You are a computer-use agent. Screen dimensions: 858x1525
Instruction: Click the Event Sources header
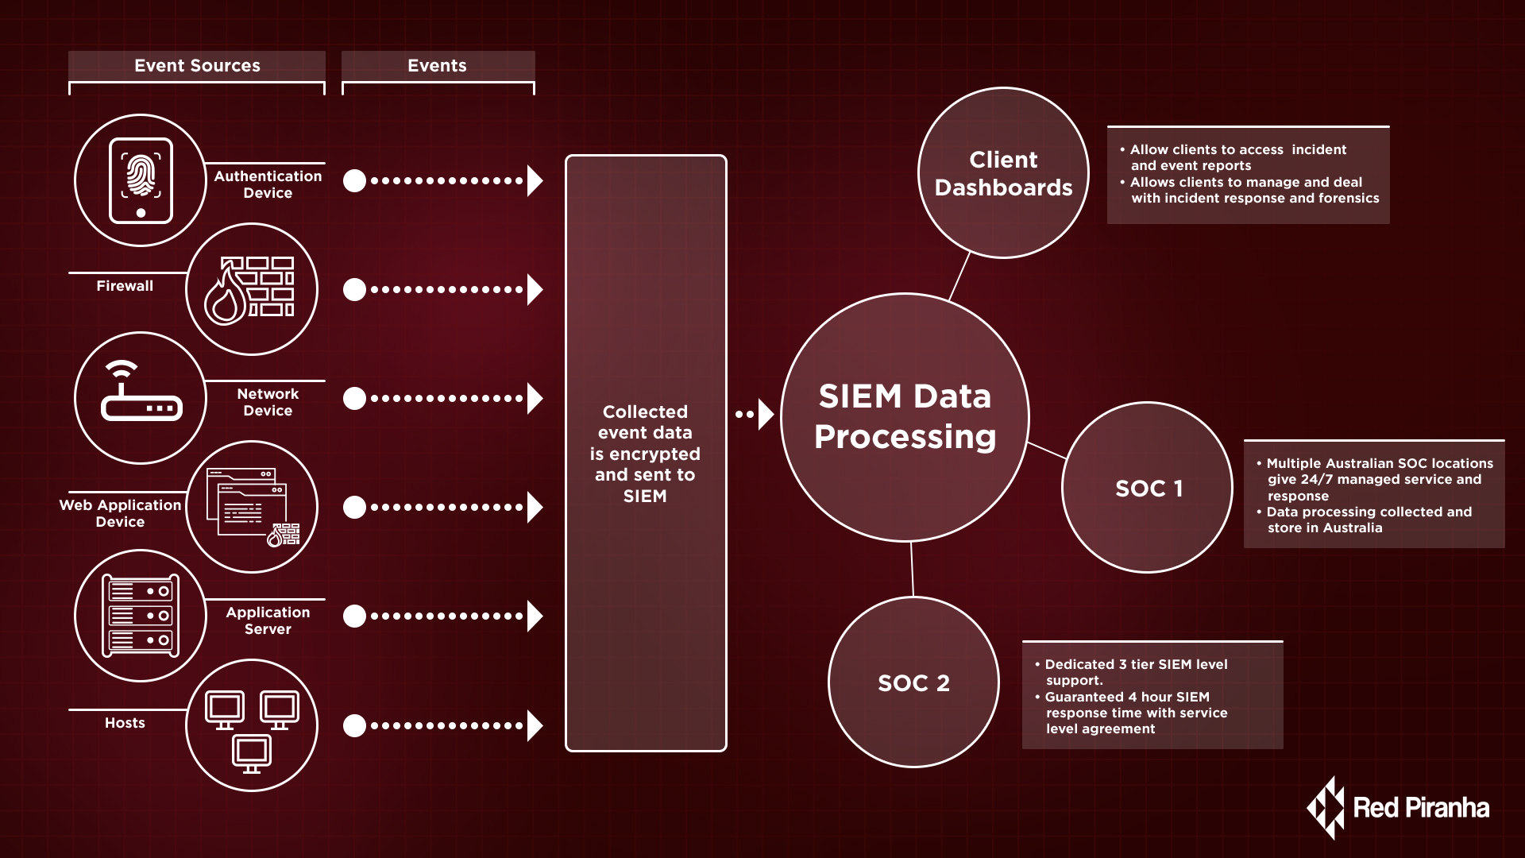[x=197, y=66]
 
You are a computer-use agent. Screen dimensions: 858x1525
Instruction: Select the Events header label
[x=437, y=66]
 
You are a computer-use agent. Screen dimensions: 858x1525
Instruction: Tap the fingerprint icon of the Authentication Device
[x=141, y=176]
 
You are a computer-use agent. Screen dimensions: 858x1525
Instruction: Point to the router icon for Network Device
[x=141, y=395]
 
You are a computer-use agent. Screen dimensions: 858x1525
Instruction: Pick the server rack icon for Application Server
[x=141, y=616]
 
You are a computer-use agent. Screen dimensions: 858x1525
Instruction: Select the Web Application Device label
[x=120, y=513]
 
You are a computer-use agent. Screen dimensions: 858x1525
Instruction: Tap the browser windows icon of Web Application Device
[x=251, y=507]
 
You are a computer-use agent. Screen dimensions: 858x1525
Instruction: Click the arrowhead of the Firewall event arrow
[x=535, y=289]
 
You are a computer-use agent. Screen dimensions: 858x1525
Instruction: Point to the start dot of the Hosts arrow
[x=354, y=725]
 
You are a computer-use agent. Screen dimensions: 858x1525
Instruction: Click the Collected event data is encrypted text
[x=645, y=454]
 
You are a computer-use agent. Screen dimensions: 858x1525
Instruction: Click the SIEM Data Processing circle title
[x=905, y=416]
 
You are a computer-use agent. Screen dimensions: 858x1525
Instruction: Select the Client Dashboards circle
[x=1003, y=173]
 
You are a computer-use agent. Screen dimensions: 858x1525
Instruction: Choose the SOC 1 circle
[x=1148, y=488]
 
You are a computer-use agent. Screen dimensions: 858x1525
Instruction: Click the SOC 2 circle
[x=913, y=682]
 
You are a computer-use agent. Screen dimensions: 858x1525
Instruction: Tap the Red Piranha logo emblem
[x=1326, y=808]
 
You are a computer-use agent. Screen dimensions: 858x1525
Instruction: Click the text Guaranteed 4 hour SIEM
[x=1126, y=697]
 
